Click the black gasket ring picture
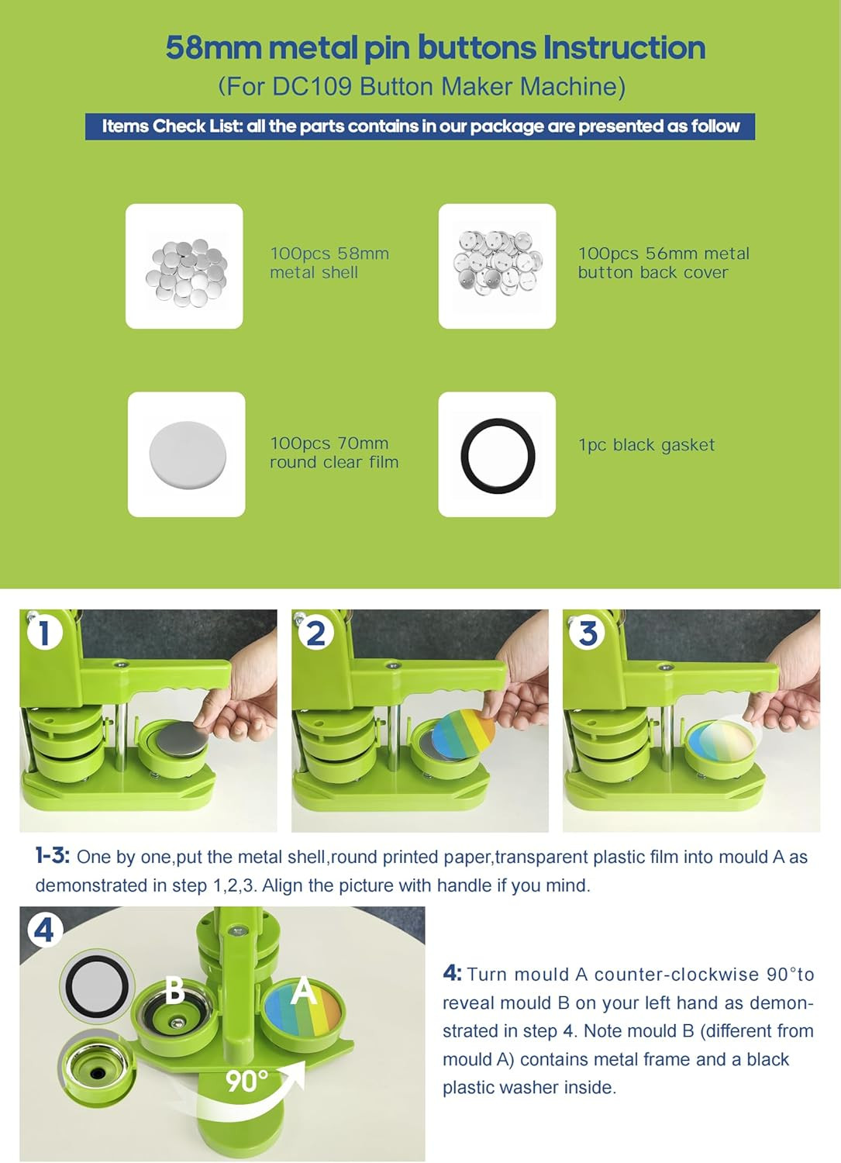pyautogui.click(x=498, y=455)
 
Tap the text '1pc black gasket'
pyautogui.click(x=647, y=445)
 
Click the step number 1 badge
pyautogui.click(x=45, y=633)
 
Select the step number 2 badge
pyautogui.click(x=315, y=633)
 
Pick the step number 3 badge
pyautogui.click(x=587, y=633)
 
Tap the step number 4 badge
pyautogui.click(x=45, y=930)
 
